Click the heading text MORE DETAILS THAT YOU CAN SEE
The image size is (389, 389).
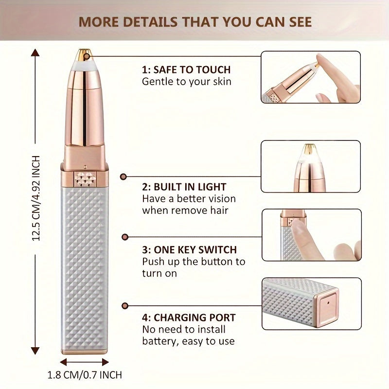[x=195, y=22]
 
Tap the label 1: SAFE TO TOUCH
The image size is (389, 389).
[x=186, y=70]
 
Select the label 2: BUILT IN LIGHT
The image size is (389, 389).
[x=184, y=187]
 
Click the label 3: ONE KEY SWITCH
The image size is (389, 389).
[x=189, y=250]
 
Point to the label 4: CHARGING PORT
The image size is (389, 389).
[x=189, y=318]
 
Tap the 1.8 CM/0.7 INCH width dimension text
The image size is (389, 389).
[x=85, y=375]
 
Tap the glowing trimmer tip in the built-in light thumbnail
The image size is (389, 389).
[x=307, y=152]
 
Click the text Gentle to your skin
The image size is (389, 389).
[x=187, y=82]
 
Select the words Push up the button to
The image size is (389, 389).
[x=194, y=262]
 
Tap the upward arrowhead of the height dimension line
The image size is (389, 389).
[x=35, y=52]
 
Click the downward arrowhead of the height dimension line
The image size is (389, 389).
[x=35, y=348]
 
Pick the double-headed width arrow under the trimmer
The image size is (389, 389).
[x=85, y=362]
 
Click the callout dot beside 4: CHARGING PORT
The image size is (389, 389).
[x=125, y=306]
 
